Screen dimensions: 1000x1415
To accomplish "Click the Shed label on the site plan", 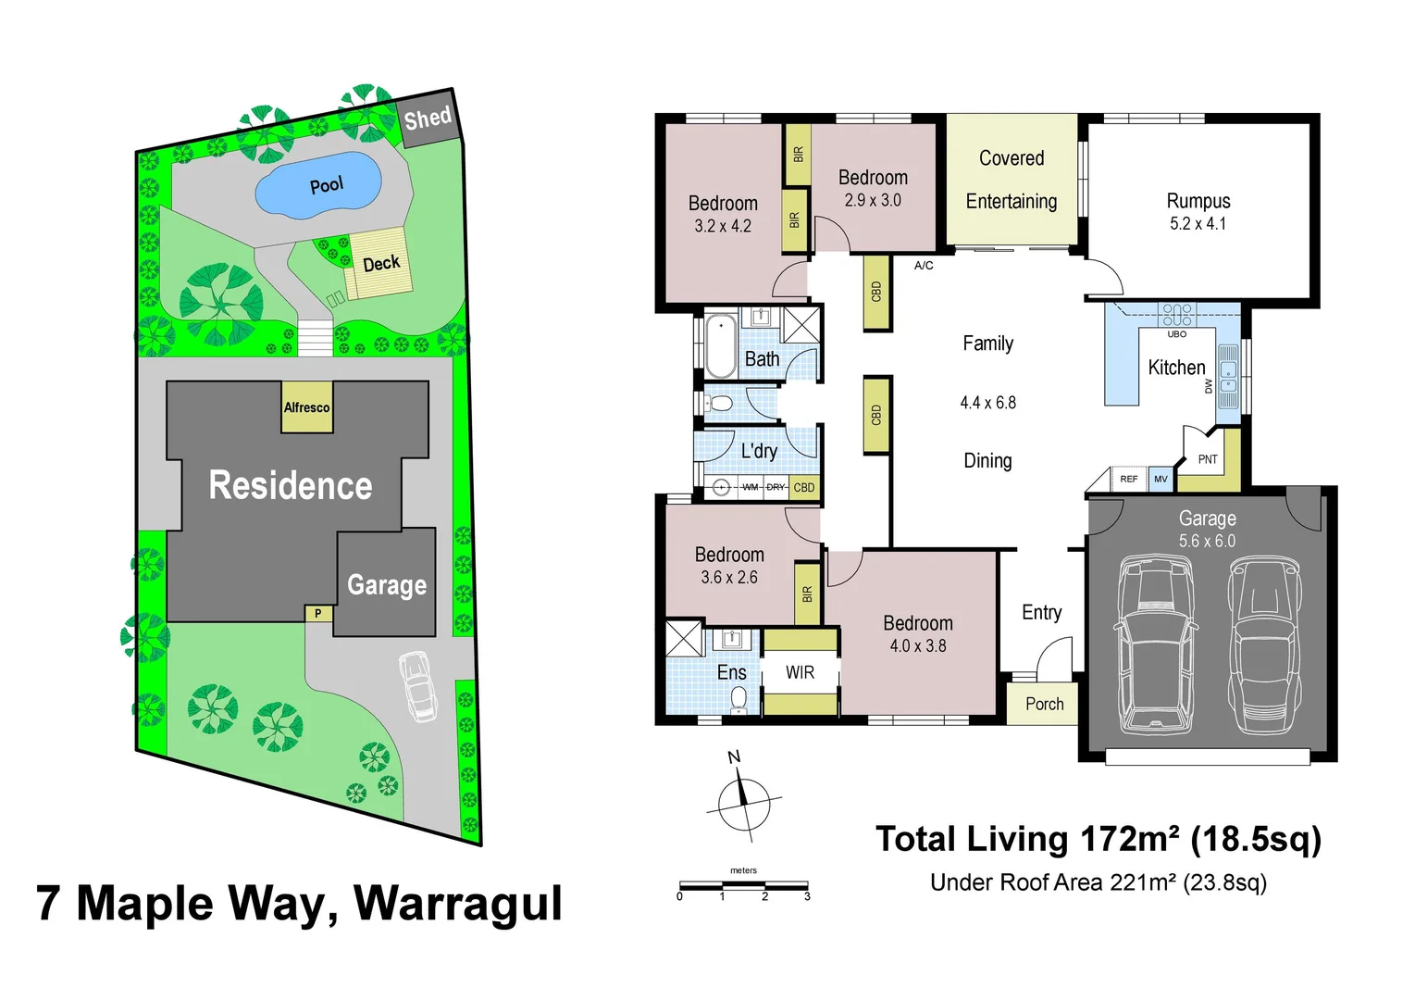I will [428, 119].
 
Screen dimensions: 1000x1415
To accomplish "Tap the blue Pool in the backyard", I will [318, 185].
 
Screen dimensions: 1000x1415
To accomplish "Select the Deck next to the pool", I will [379, 264].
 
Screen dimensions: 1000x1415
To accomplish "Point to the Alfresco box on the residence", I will [306, 407].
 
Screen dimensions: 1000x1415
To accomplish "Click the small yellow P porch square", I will [318, 613].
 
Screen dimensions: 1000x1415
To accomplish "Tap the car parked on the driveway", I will [418, 686].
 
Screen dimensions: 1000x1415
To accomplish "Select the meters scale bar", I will [743, 886].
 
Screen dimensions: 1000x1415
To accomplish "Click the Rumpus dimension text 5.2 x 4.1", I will [1198, 224].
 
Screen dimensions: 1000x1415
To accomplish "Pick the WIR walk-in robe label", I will [800, 673].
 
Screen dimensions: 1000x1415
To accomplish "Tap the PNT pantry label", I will [1208, 459].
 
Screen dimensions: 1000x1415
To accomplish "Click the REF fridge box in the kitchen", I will [1128, 479].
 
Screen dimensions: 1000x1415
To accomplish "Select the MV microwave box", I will [1161, 479].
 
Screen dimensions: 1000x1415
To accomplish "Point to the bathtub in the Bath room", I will [721, 346].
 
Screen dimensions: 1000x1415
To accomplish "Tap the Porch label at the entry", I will [1044, 705].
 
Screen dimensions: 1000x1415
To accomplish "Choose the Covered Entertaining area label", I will [1012, 180].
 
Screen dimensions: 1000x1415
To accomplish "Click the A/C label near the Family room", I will [924, 266].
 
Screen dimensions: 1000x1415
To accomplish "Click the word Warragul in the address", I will [458, 904].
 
